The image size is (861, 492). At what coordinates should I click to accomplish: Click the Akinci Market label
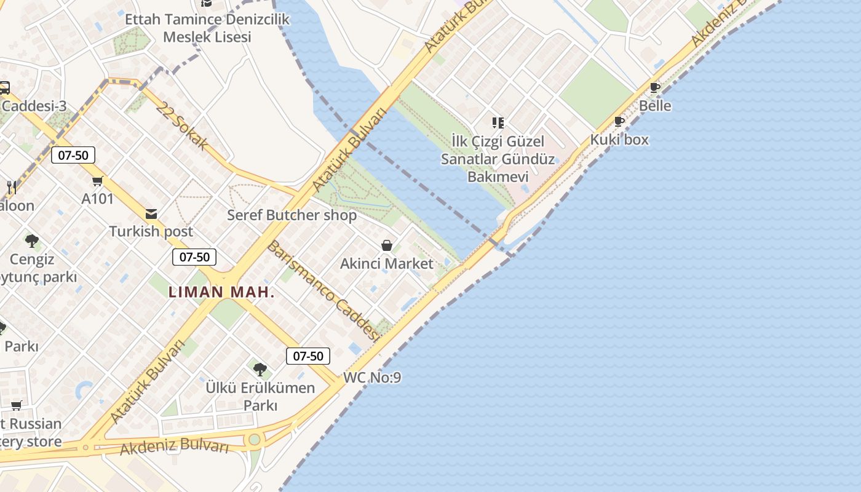(387, 264)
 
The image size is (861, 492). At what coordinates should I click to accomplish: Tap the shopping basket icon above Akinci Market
(387, 246)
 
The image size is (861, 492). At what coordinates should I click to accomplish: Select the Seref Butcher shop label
(292, 215)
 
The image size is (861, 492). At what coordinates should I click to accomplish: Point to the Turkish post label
(151, 232)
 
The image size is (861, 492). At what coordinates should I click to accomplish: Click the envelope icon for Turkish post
(151, 214)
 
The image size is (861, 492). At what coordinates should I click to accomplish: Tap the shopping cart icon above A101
(97, 181)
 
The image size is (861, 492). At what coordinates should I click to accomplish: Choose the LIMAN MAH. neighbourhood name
(221, 292)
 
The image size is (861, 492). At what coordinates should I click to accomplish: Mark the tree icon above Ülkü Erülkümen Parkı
(260, 370)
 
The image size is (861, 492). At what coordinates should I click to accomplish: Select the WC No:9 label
(372, 378)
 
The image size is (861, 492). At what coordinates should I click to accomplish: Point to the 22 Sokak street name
(181, 125)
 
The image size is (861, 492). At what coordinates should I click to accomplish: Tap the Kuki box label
(619, 140)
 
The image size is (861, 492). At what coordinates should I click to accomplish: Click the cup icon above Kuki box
(619, 122)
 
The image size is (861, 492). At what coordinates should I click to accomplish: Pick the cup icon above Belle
(655, 88)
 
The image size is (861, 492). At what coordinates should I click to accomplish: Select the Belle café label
(655, 106)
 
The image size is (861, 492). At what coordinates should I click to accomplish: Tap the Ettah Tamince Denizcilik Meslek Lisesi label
(207, 28)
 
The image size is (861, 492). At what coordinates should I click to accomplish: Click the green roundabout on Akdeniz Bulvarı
(254, 440)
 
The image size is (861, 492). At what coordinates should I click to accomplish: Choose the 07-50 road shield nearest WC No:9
(308, 356)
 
